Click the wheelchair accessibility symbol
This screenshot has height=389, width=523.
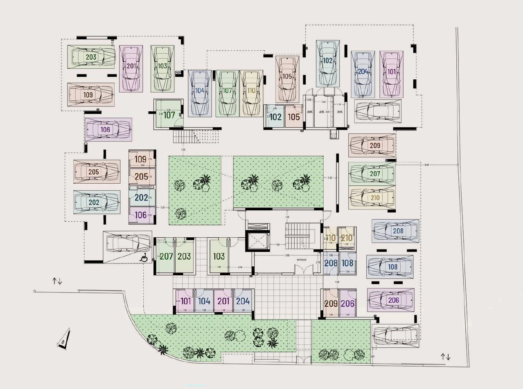(x=144, y=258)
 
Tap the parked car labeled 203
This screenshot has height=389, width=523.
(x=91, y=57)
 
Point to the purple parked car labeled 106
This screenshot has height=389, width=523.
(x=108, y=129)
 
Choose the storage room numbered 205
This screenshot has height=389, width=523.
(x=142, y=177)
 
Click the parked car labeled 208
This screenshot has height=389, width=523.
(x=395, y=231)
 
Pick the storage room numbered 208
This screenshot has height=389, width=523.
(x=331, y=263)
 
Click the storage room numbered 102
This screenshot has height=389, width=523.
(x=275, y=117)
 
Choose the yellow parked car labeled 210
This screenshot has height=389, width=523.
(x=372, y=198)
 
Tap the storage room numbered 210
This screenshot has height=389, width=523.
(x=347, y=238)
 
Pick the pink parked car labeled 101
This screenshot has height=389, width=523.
(x=392, y=74)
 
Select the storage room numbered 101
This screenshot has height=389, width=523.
(x=185, y=301)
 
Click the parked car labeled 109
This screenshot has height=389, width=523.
(x=90, y=95)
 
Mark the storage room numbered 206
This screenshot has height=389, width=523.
(x=347, y=303)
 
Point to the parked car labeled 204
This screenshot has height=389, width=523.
(x=363, y=74)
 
